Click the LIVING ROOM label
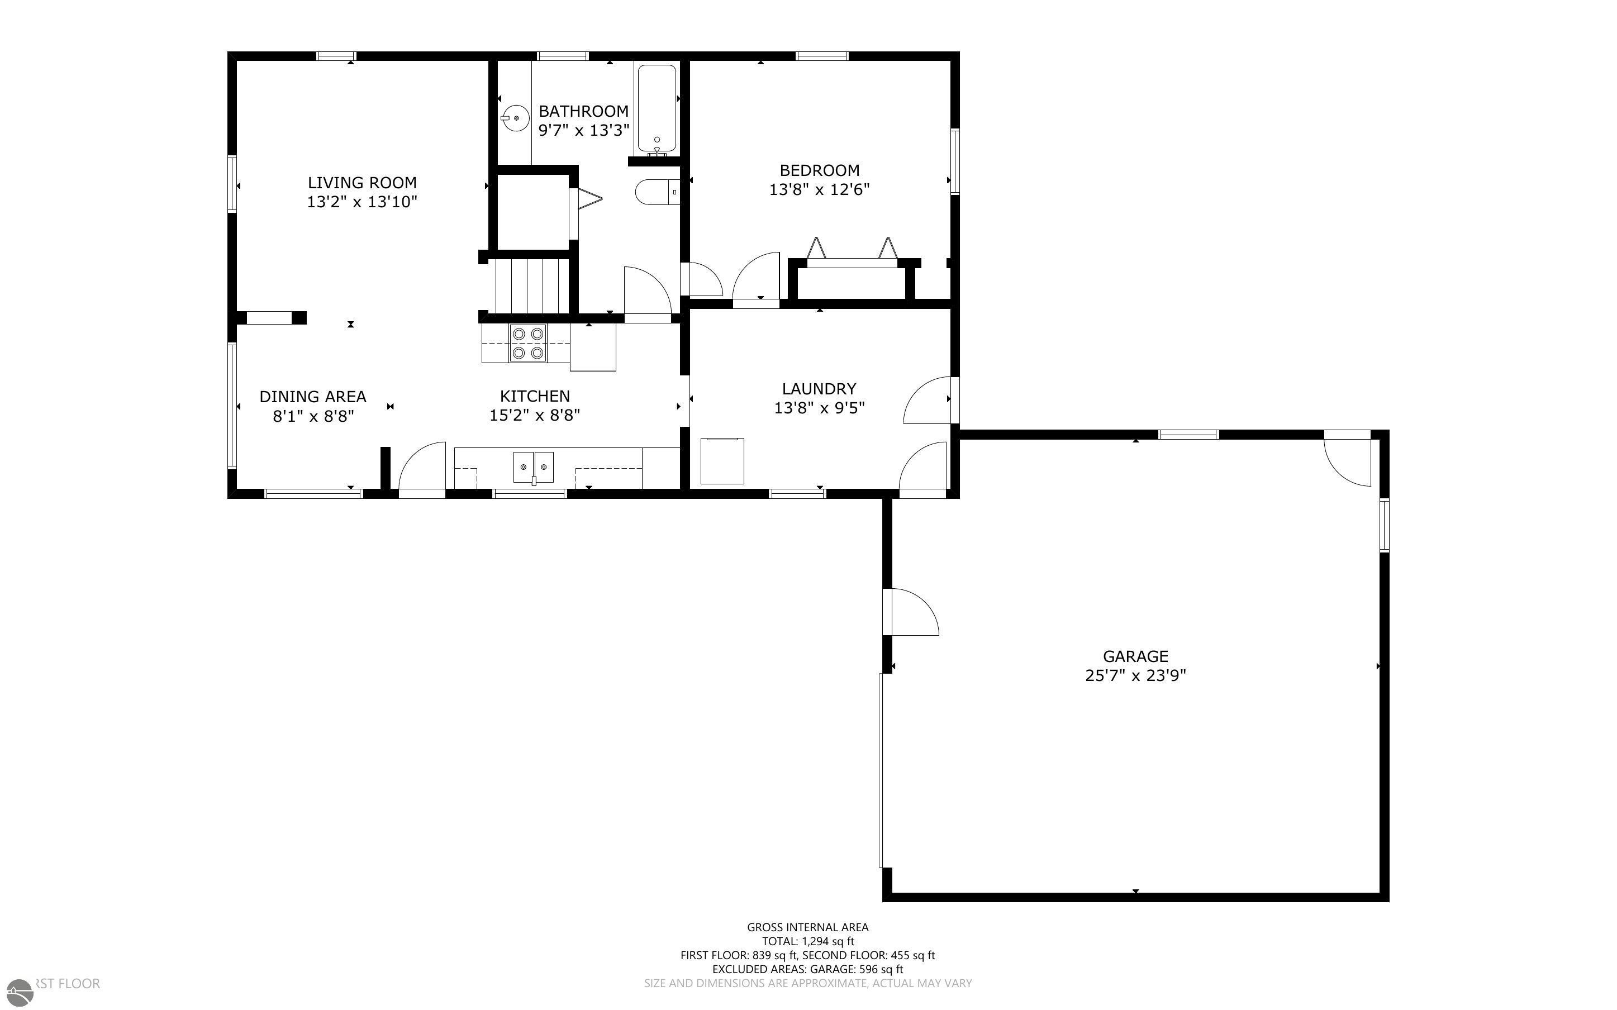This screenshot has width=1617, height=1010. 362,182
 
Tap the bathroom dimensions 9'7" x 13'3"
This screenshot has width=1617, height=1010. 584,130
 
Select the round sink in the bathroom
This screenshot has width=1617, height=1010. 516,119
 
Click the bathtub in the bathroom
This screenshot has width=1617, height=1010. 657,108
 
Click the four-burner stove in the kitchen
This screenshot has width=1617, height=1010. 527,342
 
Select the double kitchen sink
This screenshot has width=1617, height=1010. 533,466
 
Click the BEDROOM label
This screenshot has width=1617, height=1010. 820,170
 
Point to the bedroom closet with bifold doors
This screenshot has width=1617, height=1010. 852,279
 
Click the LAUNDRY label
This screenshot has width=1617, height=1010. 819,389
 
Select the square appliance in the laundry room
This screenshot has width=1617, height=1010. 722,461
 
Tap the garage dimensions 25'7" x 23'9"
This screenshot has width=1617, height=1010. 1135,675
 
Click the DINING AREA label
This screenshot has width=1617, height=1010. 312,397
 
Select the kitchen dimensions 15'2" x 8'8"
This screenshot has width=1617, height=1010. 534,416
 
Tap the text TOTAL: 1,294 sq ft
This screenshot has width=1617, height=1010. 807,941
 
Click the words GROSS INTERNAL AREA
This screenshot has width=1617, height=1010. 807,927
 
